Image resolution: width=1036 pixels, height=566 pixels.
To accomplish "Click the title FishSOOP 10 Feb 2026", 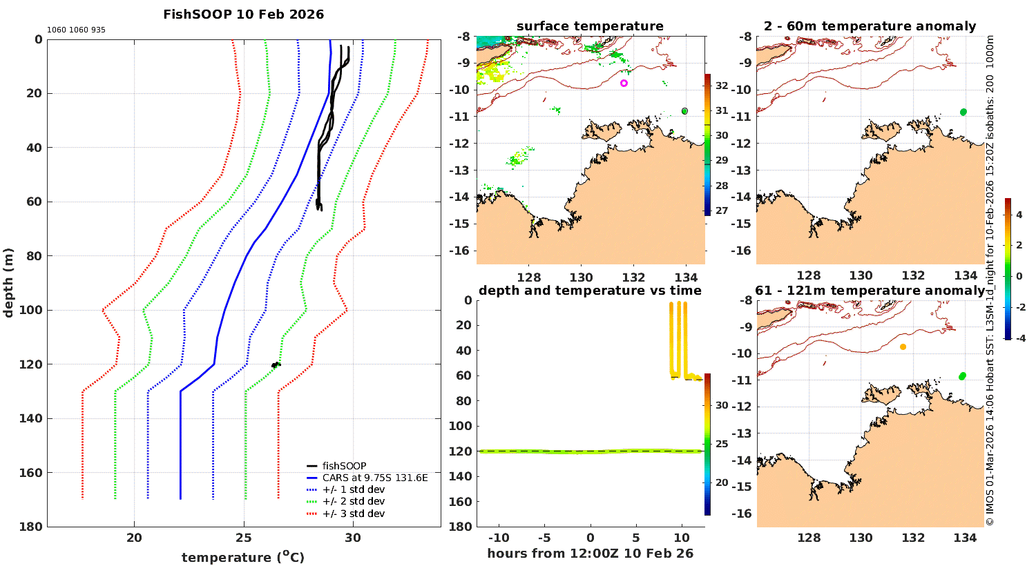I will (243, 14).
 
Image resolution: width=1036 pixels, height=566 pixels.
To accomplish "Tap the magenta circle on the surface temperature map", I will (624, 83).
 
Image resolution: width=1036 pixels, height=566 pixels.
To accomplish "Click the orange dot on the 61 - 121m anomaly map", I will (903, 347).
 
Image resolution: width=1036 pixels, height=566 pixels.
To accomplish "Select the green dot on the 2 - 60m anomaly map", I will (963, 112).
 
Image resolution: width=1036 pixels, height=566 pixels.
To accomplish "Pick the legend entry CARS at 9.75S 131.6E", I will (374, 478).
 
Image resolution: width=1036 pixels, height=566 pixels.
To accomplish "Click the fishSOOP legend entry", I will (344, 466).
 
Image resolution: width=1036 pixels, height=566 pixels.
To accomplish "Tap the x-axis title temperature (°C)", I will (243, 557).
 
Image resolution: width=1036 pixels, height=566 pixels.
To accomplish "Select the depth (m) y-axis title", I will (9, 282).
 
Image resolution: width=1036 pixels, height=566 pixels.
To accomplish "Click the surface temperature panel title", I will (590, 26).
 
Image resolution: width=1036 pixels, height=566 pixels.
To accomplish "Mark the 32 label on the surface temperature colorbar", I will (721, 86).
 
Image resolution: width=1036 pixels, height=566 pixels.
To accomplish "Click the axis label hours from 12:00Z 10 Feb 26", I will (590, 554).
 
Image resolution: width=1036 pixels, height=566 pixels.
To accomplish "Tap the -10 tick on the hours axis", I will (499, 538).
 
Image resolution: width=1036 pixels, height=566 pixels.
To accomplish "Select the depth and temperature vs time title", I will (590, 291).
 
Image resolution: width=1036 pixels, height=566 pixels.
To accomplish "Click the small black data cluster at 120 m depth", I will (276, 364).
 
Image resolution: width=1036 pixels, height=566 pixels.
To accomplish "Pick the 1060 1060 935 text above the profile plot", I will (76, 30).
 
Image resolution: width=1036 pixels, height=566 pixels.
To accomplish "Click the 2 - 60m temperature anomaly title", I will (870, 26).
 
